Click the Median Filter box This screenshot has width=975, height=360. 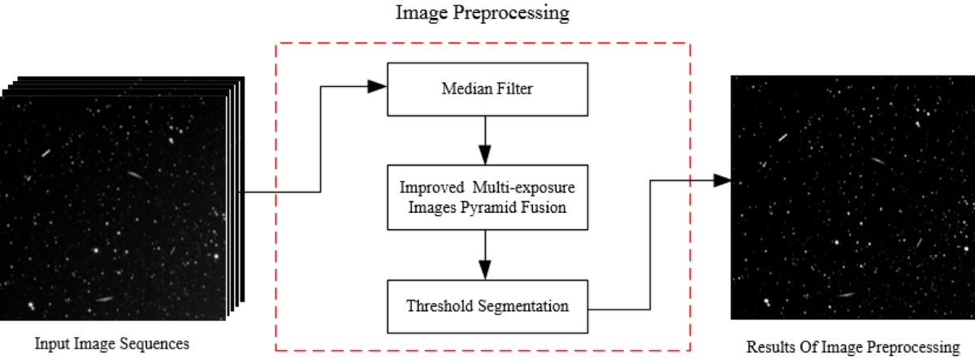pyautogui.click(x=485, y=89)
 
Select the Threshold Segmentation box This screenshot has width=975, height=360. pyautogui.click(x=485, y=306)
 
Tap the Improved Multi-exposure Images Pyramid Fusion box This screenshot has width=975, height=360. pyautogui.click(x=485, y=197)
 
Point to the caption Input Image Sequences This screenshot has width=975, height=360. pyautogui.click(x=111, y=344)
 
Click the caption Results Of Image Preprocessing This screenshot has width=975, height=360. pyautogui.click(x=853, y=347)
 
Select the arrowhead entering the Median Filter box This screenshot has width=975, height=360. pyautogui.click(x=376, y=85)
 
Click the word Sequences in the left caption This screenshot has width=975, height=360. pyautogui.click(x=159, y=344)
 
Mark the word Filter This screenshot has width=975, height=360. pyautogui.click(x=515, y=89)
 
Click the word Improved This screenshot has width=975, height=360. pyautogui.click(x=426, y=187)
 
